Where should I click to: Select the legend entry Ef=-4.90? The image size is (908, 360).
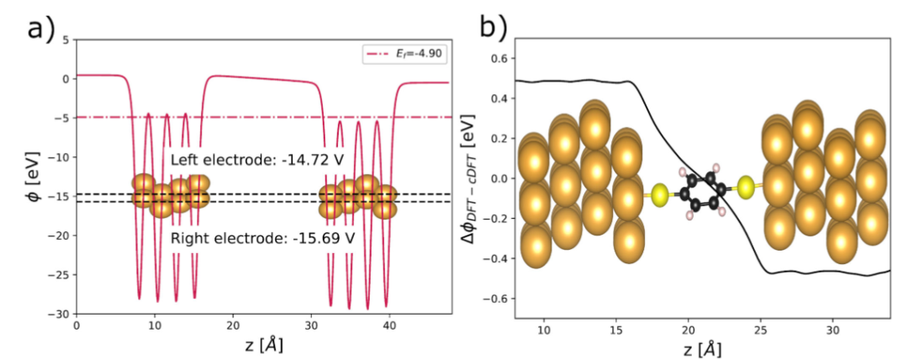pyautogui.click(x=401, y=54)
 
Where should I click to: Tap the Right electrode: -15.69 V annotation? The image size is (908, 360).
pyautogui.click(x=262, y=239)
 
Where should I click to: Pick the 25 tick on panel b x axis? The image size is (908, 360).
pyautogui.click(x=761, y=328)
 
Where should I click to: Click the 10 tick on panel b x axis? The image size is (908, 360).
pyautogui.click(x=544, y=328)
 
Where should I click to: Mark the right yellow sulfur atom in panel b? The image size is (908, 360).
pyautogui.click(x=744, y=187)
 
